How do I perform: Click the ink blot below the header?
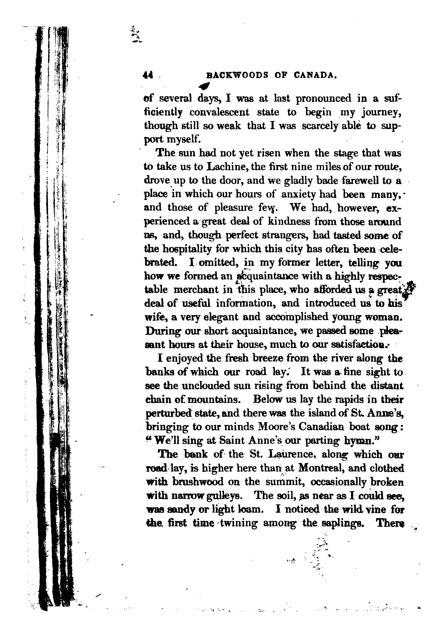(204, 86)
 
